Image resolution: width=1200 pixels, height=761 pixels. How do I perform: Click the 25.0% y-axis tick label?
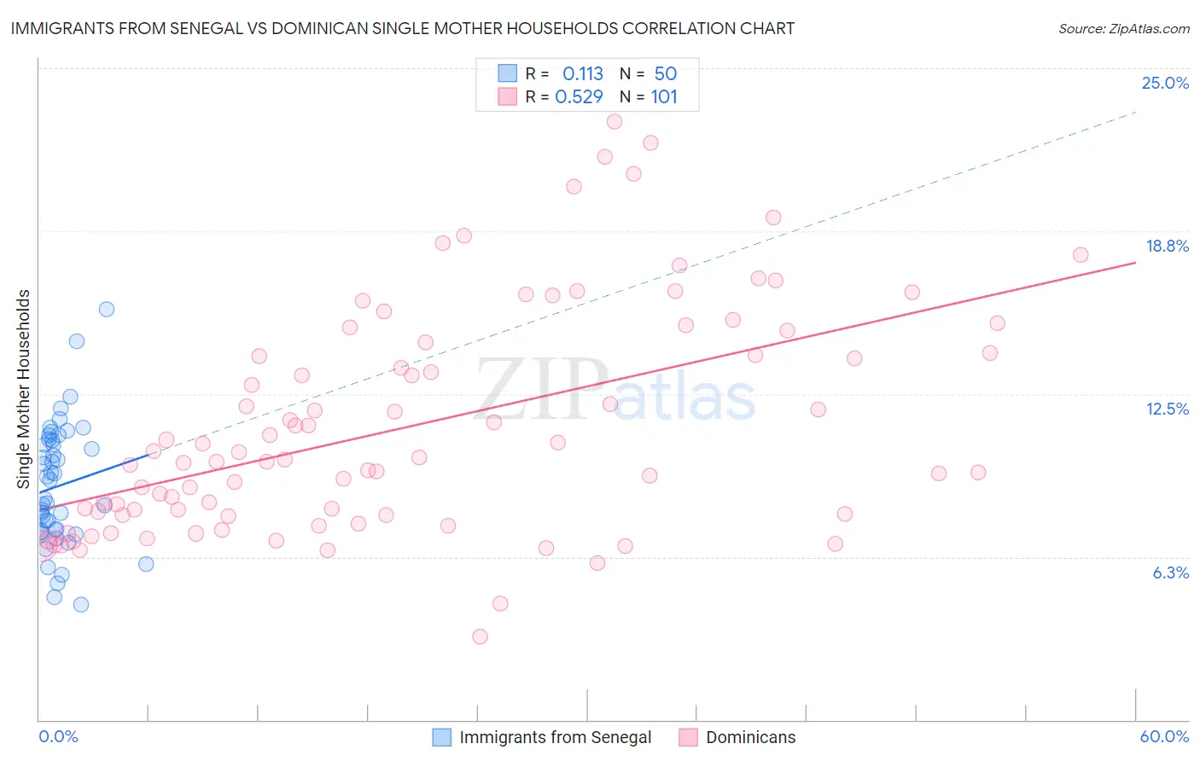click(1165, 83)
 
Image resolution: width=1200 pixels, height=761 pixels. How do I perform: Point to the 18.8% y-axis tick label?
click(1167, 246)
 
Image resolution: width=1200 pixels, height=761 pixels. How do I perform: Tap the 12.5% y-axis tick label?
click(1167, 409)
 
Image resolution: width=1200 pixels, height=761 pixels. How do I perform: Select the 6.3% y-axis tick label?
click(1170, 572)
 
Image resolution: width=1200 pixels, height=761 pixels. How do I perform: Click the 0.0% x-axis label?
click(58, 736)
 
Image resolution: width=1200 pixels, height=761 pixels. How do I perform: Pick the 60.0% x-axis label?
click(1164, 736)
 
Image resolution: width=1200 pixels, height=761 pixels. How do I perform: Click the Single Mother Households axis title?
click(24, 389)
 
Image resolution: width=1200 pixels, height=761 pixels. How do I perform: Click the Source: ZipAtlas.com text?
click(1123, 28)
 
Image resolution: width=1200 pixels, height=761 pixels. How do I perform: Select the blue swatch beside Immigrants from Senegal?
click(441, 737)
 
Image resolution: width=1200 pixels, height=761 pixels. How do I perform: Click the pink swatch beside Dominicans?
click(688, 737)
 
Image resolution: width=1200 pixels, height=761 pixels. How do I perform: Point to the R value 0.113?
click(582, 74)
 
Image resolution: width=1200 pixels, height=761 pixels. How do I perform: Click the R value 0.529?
click(579, 97)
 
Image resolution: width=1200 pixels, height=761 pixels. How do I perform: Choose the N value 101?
click(664, 97)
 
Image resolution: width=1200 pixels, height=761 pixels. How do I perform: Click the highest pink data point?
click(615, 121)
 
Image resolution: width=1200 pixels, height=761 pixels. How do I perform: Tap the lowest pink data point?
click(480, 636)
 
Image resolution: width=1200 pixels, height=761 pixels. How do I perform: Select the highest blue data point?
click(107, 309)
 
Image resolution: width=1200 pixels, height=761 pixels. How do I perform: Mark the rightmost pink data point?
click(1081, 254)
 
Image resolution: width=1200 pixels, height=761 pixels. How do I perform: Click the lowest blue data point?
click(81, 604)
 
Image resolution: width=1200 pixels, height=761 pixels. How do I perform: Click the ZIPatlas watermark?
click(615, 391)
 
